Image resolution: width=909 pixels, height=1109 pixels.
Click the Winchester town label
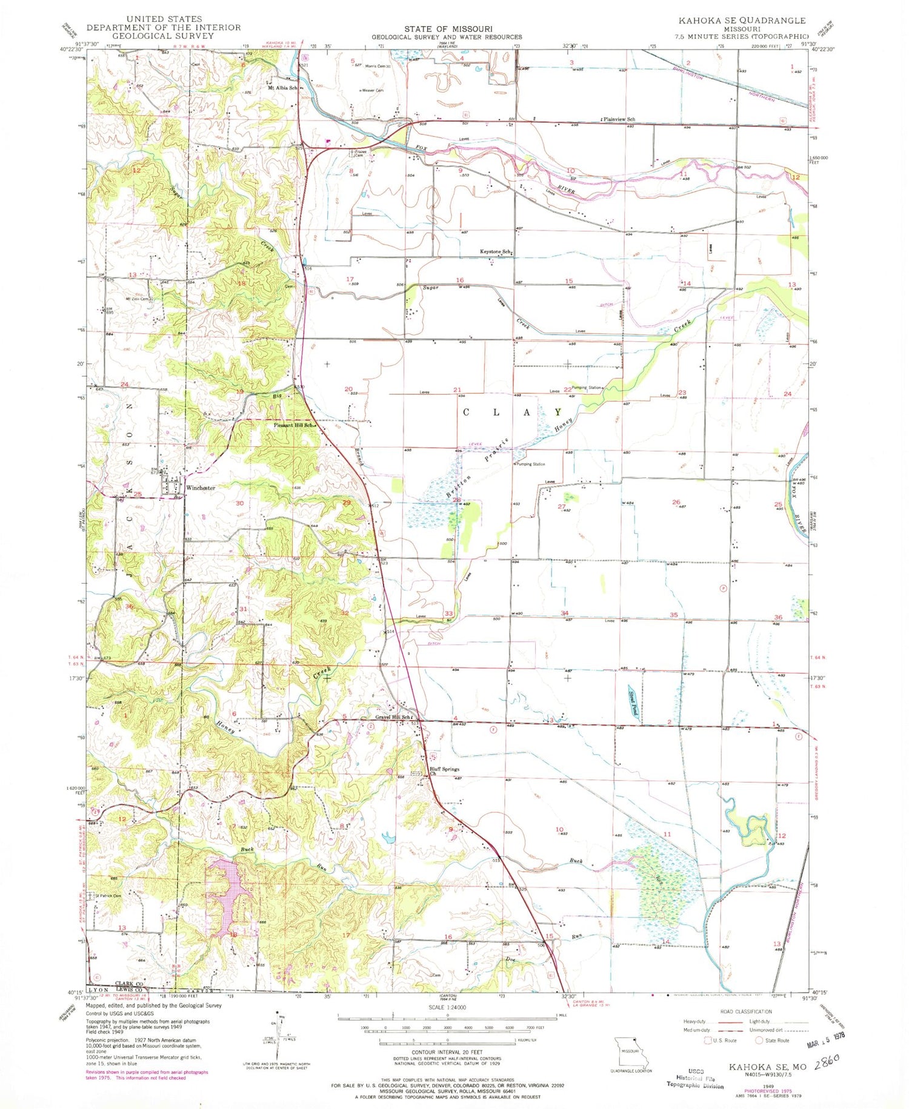coord(201,488)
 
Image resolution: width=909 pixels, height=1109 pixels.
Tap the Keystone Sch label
coord(495,252)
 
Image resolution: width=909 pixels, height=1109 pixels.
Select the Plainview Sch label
coord(619,119)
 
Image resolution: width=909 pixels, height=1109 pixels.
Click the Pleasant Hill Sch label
coord(294,425)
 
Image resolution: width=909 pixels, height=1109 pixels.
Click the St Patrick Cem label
coord(106,896)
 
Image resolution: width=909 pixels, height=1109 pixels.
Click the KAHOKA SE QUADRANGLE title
coord(742,21)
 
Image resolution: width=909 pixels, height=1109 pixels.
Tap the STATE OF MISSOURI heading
coord(448,28)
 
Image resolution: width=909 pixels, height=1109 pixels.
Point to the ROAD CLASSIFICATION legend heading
coord(746,1011)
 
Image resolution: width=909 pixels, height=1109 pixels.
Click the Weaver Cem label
coord(373,90)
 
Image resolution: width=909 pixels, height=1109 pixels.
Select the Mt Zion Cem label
coord(137,299)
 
